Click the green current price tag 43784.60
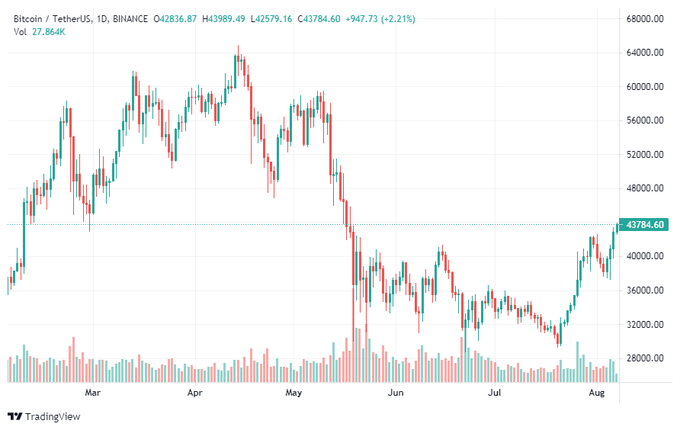tap(646, 225)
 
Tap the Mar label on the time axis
tap(93, 393)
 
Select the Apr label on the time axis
tap(195, 393)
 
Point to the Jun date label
tap(396, 393)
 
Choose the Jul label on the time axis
tap(495, 393)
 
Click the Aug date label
tap(597, 393)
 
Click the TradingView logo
tap(43, 416)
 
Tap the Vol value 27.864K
tap(47, 31)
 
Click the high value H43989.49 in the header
tap(223, 18)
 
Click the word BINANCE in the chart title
tap(127, 18)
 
